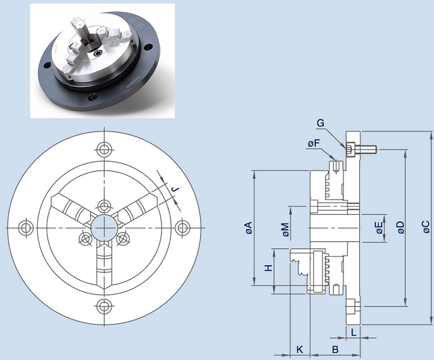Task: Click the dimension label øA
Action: click(x=250, y=228)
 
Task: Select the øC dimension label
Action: click(x=426, y=227)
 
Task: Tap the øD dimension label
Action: click(x=400, y=227)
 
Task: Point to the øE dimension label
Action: click(x=380, y=228)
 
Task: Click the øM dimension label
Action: click(x=286, y=230)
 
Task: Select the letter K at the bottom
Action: click(x=300, y=350)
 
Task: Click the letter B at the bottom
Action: click(x=335, y=350)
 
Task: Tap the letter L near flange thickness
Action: click(x=353, y=332)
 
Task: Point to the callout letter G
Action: click(x=320, y=123)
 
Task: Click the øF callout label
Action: click(x=314, y=143)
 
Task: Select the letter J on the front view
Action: click(x=175, y=189)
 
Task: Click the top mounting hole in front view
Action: click(x=104, y=150)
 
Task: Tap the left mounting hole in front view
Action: click(x=26, y=228)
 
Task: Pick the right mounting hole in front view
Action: click(x=183, y=228)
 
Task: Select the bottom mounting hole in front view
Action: click(x=104, y=306)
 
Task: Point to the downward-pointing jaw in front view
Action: click(x=104, y=266)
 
